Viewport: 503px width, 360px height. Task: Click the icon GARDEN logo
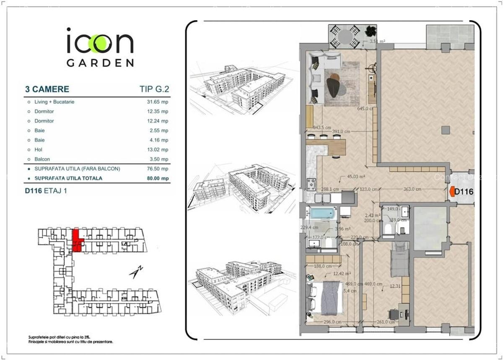coord(100,47)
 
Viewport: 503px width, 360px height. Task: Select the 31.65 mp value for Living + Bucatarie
coord(159,102)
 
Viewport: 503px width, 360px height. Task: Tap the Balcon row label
coord(42,159)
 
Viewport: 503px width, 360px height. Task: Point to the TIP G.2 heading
coord(154,89)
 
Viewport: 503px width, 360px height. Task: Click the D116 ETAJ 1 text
coord(46,190)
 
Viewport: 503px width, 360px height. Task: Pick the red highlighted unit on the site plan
coord(77,240)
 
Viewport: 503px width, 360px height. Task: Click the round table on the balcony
coord(345,36)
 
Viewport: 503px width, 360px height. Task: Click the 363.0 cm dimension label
coord(412,189)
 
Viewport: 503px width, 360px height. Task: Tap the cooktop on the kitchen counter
coord(311,183)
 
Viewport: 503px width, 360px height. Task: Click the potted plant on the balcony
coord(370,31)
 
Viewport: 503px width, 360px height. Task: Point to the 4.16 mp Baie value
coord(159,140)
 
